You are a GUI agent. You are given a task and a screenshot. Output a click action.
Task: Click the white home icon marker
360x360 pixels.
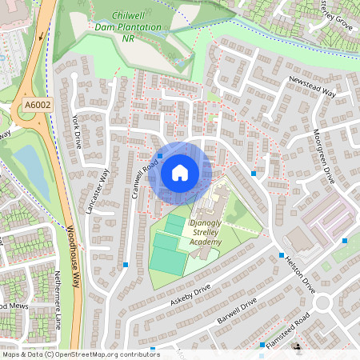point(180,173)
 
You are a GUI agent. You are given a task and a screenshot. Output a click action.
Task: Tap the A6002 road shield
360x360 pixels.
point(37,104)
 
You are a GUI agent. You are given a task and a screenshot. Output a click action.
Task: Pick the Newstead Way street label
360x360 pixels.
point(311,86)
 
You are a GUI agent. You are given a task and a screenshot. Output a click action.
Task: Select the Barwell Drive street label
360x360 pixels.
point(237,311)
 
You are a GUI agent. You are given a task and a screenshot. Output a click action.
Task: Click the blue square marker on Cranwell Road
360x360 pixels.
point(160,156)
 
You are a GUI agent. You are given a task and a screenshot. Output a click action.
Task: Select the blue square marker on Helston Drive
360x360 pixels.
point(282,256)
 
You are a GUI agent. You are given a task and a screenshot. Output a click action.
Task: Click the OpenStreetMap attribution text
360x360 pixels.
point(81,354)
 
